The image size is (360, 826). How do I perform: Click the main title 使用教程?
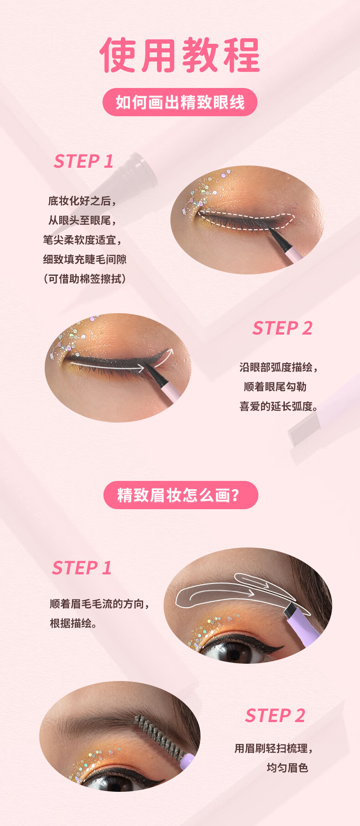click(x=180, y=55)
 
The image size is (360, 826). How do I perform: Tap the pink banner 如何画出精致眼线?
click(x=180, y=102)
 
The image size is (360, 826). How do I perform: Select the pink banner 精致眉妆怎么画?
click(x=180, y=495)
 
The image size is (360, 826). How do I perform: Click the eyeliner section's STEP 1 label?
click(x=83, y=161)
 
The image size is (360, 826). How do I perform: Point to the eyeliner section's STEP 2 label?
click(x=283, y=328)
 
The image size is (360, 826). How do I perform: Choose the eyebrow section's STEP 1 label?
click(x=82, y=568)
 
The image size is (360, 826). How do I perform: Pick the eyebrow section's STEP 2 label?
click(x=275, y=716)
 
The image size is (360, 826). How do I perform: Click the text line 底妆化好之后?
click(x=82, y=201)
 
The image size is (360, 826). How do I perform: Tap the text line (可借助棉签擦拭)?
click(x=84, y=279)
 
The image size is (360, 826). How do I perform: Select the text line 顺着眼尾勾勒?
click(x=275, y=387)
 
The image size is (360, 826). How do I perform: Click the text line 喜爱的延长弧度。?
click(x=278, y=406)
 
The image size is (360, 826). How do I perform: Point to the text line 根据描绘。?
click(x=73, y=623)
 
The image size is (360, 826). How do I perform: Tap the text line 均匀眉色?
click(x=288, y=768)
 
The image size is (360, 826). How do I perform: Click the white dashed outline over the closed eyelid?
click(x=246, y=221)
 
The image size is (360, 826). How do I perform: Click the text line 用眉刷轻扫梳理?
click(x=274, y=749)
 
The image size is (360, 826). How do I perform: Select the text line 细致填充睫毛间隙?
click(x=85, y=259)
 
